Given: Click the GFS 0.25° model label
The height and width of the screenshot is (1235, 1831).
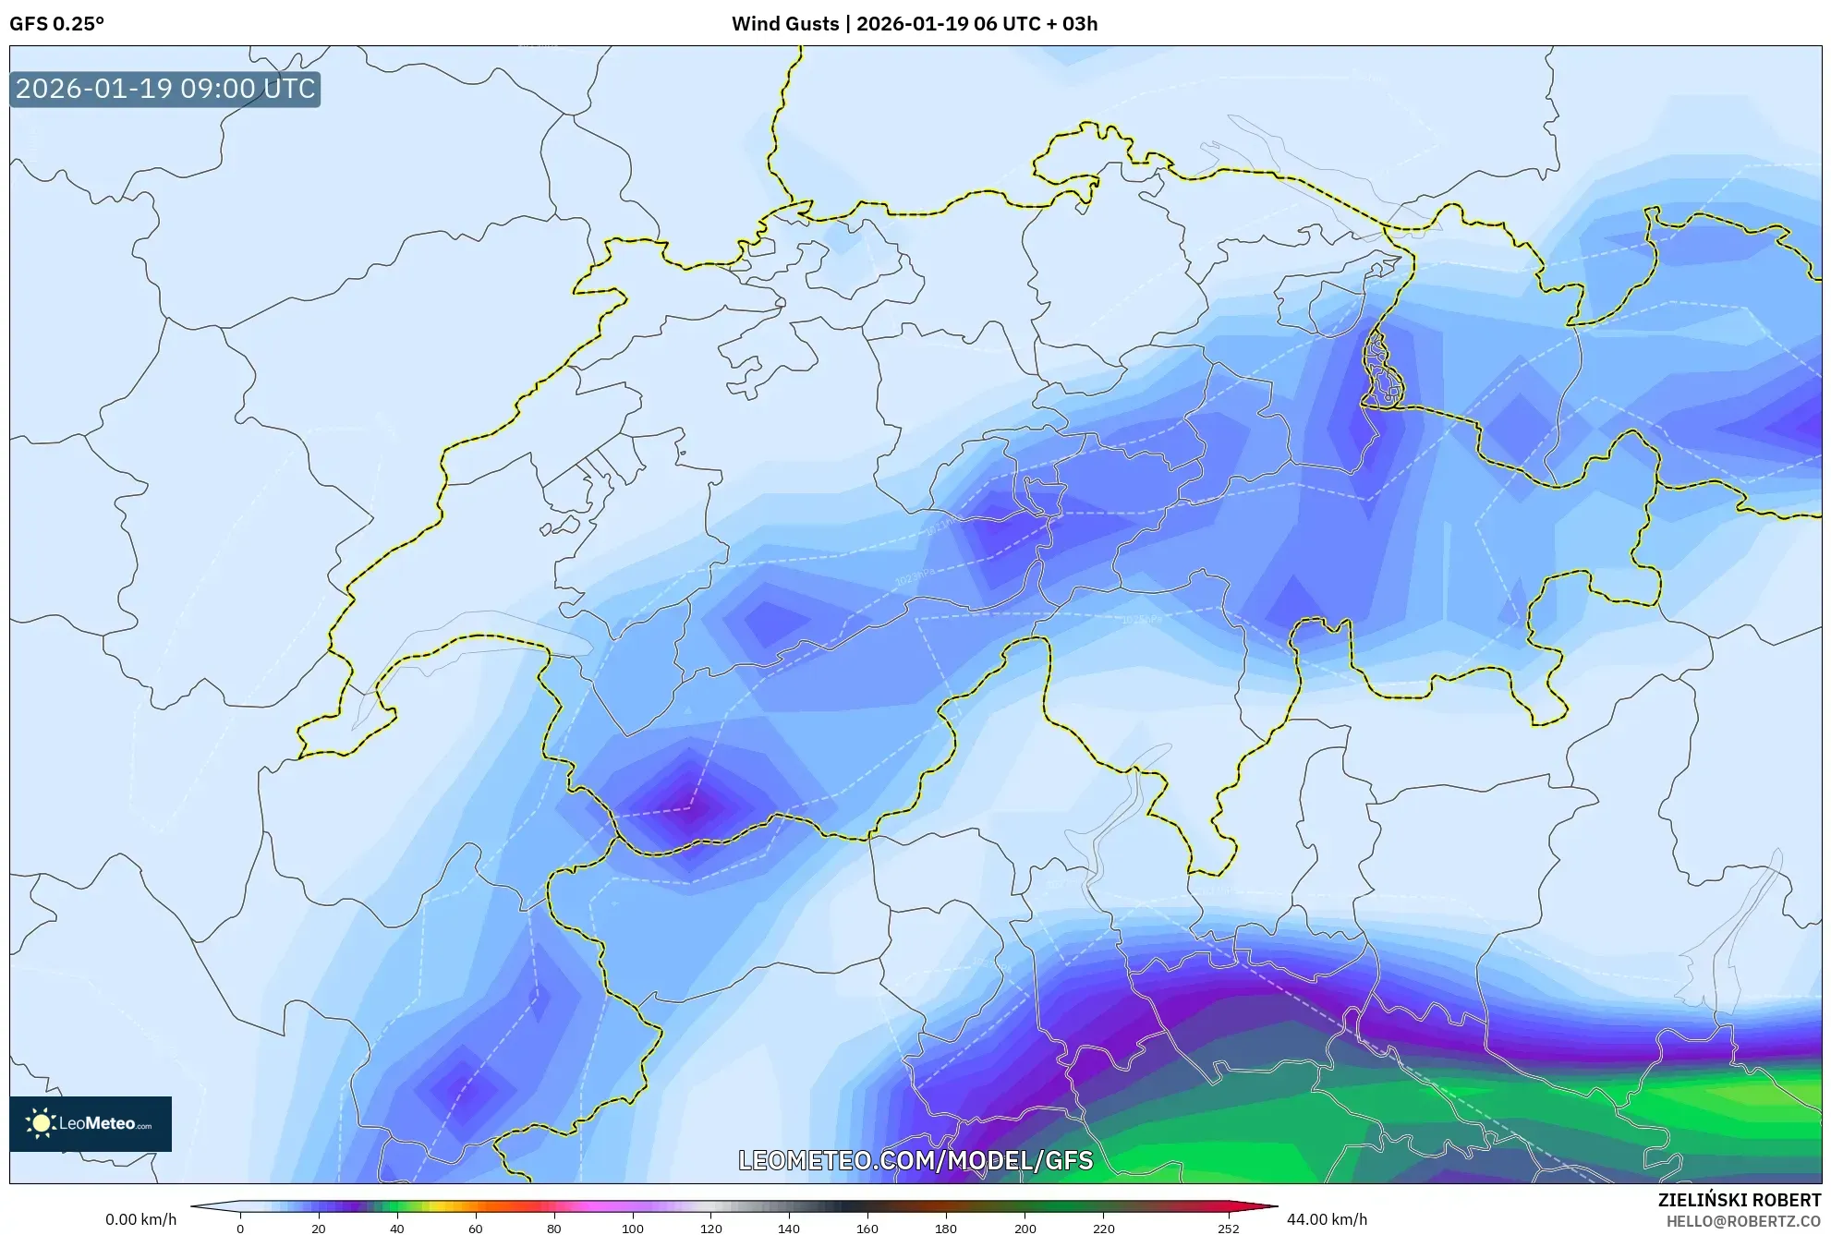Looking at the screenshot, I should coord(56,24).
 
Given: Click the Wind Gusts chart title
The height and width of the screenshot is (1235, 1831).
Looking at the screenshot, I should coord(914,24).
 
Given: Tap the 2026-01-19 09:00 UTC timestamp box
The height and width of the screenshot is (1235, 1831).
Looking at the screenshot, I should coord(165,90).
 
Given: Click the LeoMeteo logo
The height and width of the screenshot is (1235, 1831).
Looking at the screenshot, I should coord(91,1123).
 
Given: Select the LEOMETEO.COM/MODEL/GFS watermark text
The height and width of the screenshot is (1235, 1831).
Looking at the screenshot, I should coord(915,1160).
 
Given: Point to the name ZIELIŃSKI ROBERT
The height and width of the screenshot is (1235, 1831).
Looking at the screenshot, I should coord(1739,1200).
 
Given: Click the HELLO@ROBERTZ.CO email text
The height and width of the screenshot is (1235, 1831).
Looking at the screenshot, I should coord(1742,1221).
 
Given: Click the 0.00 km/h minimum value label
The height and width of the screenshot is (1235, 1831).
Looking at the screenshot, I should coord(140,1219).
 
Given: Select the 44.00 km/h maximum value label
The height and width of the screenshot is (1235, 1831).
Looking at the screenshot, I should coord(1327,1219).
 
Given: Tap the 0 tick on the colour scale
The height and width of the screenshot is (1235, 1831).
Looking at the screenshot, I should coord(240,1229).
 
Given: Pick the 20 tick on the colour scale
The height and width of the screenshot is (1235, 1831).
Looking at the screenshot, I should coord(319,1229).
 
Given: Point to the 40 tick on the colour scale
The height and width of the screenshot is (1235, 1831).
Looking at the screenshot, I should coord(397,1229).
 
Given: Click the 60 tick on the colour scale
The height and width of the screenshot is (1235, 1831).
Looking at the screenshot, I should coord(476,1229).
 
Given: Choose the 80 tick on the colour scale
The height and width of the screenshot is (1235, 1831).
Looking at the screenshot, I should coord(554,1229).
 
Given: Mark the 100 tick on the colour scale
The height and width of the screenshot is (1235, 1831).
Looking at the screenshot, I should coord(633,1229).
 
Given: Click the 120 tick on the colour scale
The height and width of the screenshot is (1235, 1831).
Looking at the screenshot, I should coord(711,1229).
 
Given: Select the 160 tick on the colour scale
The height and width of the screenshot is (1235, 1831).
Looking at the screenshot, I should coord(867,1229).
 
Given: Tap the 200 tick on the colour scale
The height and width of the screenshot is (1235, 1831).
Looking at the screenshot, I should coord(1025,1229).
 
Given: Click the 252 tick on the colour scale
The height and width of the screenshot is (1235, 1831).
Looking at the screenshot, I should coord(1228,1229).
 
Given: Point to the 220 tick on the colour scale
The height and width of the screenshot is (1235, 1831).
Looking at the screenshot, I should coord(1103,1229).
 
